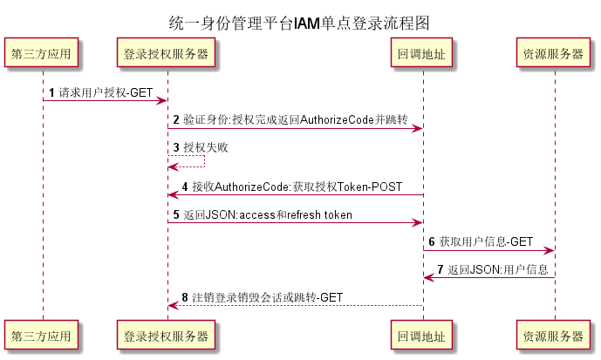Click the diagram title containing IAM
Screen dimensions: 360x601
tap(299, 23)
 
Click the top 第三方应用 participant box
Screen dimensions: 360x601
tap(42, 53)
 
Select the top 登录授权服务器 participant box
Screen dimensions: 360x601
tap(167, 53)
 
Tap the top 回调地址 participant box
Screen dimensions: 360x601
tap(422, 53)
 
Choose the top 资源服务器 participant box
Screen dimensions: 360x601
tap(553, 53)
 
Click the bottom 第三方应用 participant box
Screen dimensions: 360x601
tap(42, 335)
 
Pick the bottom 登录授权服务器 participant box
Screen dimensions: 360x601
tap(167, 335)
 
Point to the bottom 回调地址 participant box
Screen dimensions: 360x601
tap(422, 335)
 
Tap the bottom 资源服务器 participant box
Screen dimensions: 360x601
tap(553, 335)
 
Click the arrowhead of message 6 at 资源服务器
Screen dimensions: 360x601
tap(549, 250)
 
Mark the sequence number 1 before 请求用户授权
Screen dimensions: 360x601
tap(51, 92)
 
